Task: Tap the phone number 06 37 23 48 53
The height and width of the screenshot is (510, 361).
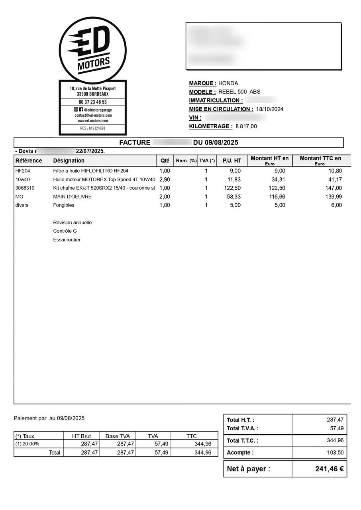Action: [92, 102]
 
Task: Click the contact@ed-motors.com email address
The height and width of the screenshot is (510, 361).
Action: [93, 115]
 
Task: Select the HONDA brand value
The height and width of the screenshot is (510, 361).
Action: [228, 83]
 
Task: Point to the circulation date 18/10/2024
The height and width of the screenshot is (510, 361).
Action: [269, 109]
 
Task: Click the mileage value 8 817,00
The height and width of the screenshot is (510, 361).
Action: [246, 126]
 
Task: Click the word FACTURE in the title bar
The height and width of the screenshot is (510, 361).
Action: [135, 143]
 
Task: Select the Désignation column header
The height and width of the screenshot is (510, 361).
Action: [69, 161]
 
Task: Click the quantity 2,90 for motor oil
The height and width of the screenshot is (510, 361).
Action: [165, 179]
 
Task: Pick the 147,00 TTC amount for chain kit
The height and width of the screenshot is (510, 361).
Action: [334, 188]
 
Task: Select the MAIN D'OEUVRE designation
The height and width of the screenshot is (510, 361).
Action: [72, 196]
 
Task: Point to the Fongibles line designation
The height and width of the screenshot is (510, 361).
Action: [64, 205]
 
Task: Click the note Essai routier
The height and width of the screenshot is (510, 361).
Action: [67, 240]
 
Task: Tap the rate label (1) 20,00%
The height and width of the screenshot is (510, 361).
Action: [27, 444]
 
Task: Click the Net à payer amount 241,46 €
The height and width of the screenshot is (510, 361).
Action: [329, 469]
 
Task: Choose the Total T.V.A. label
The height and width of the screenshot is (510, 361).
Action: [243, 429]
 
